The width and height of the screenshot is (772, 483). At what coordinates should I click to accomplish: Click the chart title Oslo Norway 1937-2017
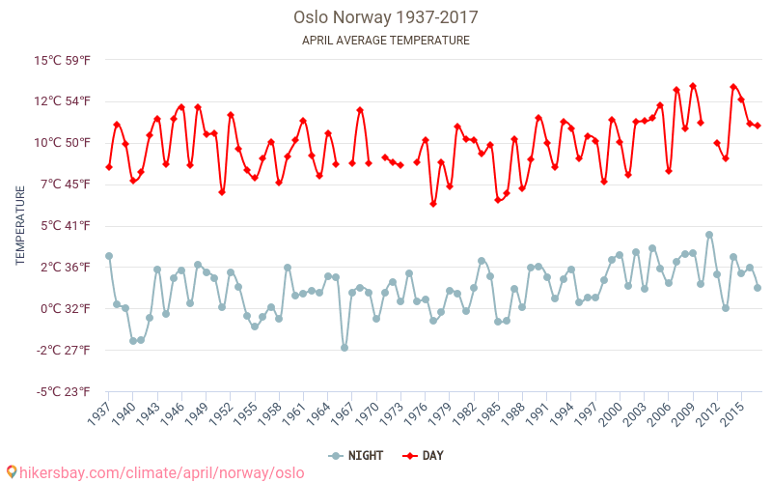[386, 17]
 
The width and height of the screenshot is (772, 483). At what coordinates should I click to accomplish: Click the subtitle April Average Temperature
[386, 41]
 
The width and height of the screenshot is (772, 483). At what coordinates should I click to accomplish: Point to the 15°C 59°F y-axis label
[64, 60]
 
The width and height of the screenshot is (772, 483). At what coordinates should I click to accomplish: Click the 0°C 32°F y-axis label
[66, 309]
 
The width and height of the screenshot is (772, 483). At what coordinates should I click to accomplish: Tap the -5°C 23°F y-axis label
[65, 392]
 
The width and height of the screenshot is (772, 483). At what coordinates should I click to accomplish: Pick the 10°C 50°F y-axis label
[64, 143]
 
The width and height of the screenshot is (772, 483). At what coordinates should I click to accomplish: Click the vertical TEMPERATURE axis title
[20, 226]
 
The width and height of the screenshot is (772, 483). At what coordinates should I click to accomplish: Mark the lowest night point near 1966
[345, 348]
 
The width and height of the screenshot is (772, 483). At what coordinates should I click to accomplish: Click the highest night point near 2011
[709, 235]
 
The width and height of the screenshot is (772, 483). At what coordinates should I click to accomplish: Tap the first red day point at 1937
[109, 167]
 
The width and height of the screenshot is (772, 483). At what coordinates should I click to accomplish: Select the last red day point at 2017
[758, 126]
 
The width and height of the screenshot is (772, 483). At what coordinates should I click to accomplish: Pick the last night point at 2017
[758, 288]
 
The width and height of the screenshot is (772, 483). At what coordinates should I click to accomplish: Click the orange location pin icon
[12, 472]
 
